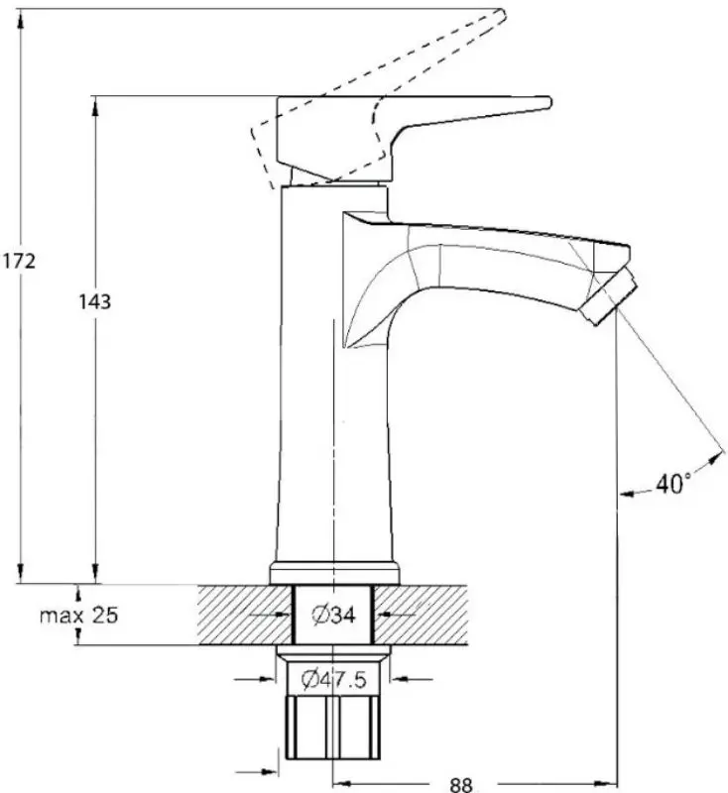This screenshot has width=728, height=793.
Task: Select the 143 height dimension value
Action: coord(94,301)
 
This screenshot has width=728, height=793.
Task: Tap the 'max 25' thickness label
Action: coord(78,616)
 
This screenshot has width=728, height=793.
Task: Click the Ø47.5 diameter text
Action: coord(334,679)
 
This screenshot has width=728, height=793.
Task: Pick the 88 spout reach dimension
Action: coord(460,783)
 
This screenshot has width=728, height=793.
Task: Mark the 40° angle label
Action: coord(673,485)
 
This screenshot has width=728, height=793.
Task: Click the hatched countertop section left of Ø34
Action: coord(243,615)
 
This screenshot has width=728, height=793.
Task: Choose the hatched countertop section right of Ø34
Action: coord(422,615)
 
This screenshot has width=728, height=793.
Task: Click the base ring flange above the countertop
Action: coord(333,573)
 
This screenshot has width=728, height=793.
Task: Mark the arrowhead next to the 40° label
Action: coord(714,458)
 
